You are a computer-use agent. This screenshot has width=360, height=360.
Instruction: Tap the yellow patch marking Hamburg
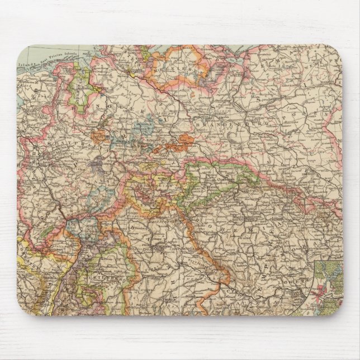pyautogui.click(x=134, y=72)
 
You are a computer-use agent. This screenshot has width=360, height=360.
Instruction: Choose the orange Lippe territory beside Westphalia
pyautogui.click(x=101, y=135)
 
